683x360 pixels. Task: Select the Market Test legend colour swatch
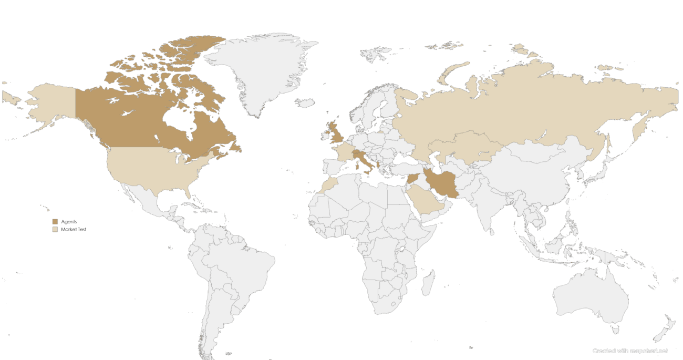point(55,230)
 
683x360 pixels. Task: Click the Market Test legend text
point(74,230)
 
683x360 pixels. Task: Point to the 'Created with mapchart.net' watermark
point(630,351)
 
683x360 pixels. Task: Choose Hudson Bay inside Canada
point(179,118)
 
